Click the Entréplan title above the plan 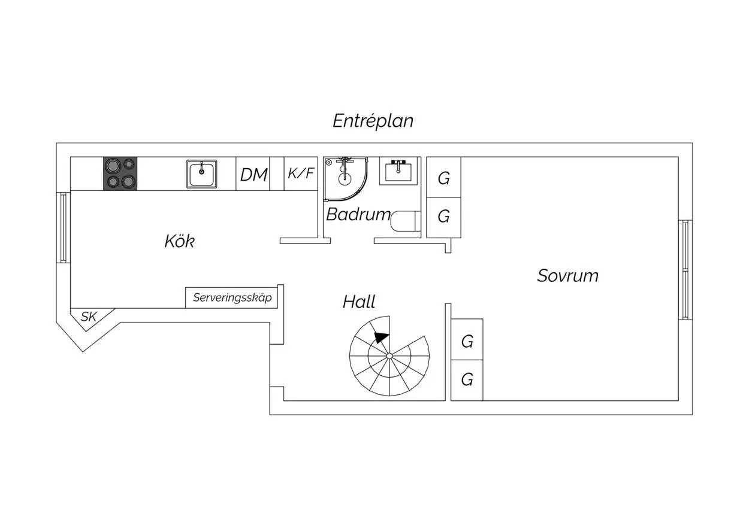pyautogui.click(x=373, y=121)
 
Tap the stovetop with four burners pyautogui.click(x=120, y=174)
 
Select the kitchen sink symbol pyautogui.click(x=201, y=174)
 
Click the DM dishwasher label pyautogui.click(x=253, y=175)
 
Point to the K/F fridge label pyautogui.click(x=301, y=174)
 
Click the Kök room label pyautogui.click(x=180, y=242)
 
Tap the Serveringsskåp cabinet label pyautogui.click(x=232, y=297)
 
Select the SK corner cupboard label pyautogui.click(x=89, y=317)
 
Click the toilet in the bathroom pyautogui.click(x=404, y=221)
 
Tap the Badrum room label pyautogui.click(x=358, y=214)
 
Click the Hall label pyautogui.click(x=359, y=302)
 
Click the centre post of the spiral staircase pyautogui.click(x=389, y=356)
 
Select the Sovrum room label pyautogui.click(x=567, y=276)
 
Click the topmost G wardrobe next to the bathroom pyautogui.click(x=443, y=178)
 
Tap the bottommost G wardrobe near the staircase pyautogui.click(x=467, y=379)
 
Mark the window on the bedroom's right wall pyautogui.click(x=685, y=270)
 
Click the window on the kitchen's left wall pyautogui.click(x=64, y=227)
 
